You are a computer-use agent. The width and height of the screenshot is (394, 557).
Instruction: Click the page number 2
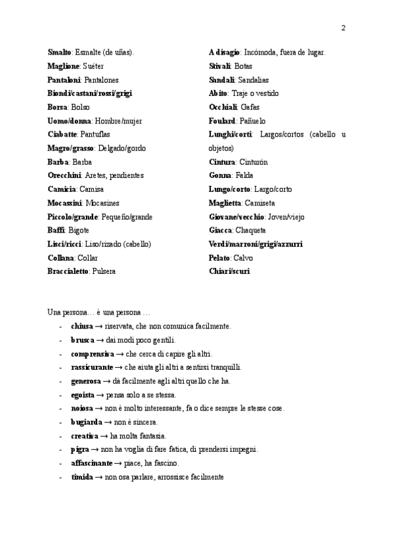[343, 28]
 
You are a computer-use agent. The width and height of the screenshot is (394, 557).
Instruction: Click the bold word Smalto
[60, 52]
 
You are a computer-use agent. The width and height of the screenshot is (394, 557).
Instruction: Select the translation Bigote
[78, 231]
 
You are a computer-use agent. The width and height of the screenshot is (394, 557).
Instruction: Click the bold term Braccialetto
[68, 271]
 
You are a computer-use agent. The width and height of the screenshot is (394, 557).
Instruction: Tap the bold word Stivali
[219, 66]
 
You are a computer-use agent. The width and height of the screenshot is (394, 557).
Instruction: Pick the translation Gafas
[250, 107]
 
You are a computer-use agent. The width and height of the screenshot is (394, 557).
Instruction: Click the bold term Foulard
[222, 121]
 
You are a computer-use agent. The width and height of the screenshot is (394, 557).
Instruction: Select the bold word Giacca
[220, 231]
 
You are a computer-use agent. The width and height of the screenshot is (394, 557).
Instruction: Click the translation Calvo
[244, 258]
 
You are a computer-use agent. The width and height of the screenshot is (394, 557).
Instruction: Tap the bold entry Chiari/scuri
[229, 271]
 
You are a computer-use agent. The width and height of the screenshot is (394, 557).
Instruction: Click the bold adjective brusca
[82, 340]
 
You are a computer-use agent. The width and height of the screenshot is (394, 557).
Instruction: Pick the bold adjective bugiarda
[86, 422]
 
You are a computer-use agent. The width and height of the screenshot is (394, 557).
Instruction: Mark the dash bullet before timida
[60, 477]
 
